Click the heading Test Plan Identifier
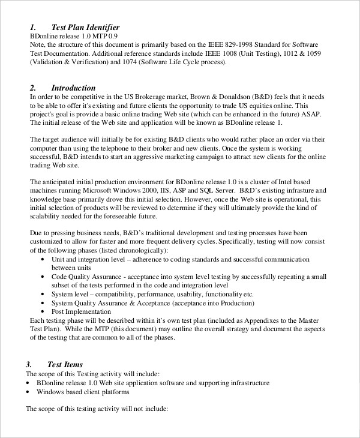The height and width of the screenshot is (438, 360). tap(86, 27)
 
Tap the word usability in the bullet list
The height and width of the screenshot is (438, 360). tap(184, 294)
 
